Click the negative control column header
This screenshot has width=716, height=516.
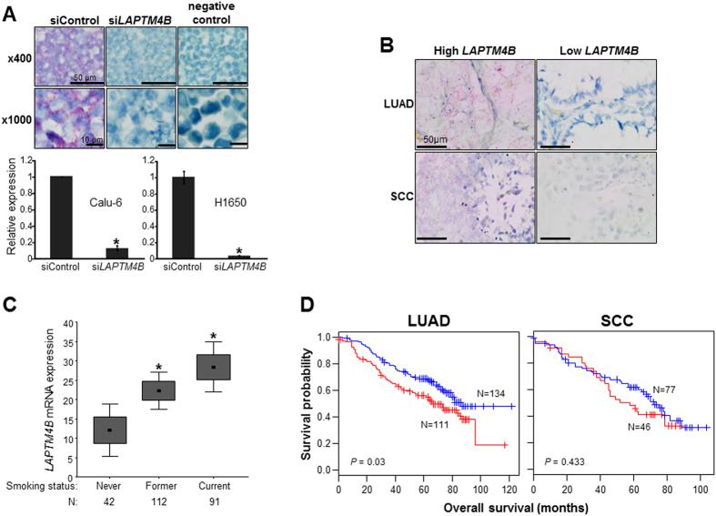coord(205,15)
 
